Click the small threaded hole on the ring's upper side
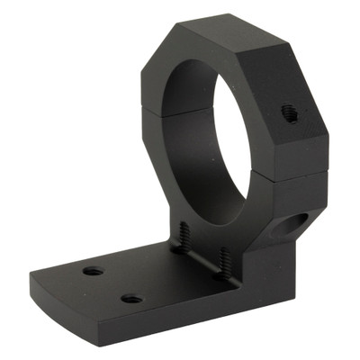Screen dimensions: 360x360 (x=289, y=113)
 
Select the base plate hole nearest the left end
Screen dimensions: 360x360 (x=91, y=270)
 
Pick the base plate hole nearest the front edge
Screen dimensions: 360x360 (x=131, y=298)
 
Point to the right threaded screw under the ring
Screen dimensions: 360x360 (x=222, y=260)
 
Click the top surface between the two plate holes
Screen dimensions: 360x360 (x=112, y=283)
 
